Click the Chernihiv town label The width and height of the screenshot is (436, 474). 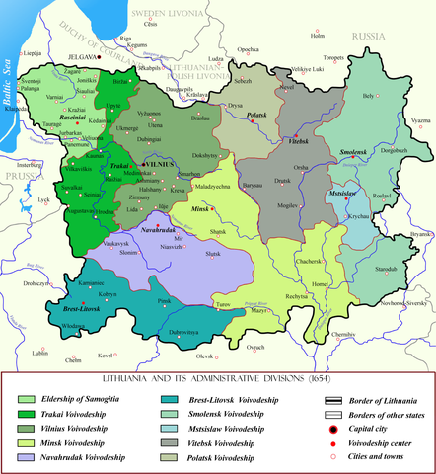click(x=342, y=335)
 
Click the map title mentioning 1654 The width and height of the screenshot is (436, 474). click(x=217, y=378)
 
